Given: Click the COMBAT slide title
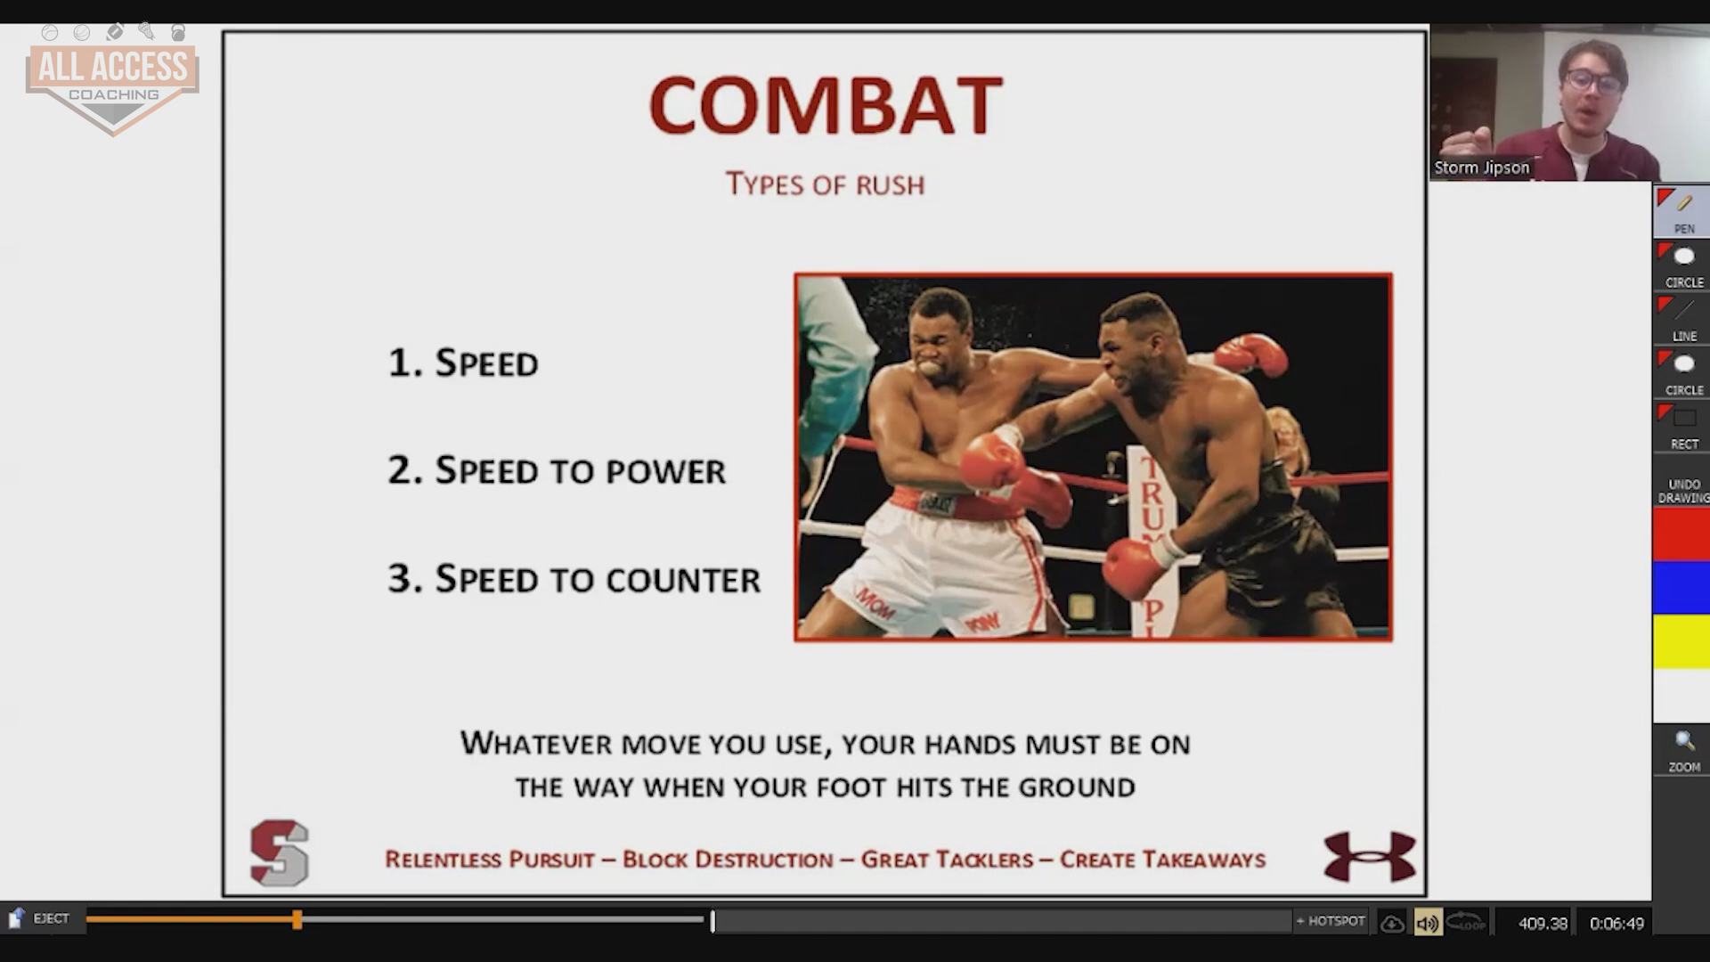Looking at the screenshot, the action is tap(826, 105).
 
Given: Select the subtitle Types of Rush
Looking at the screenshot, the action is tap(825, 184).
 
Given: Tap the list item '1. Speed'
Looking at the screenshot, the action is tap(463, 363).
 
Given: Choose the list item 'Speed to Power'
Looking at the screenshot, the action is tap(557, 470).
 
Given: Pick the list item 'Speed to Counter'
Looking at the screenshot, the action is tap(574, 579).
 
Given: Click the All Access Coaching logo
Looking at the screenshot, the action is tap(112, 80).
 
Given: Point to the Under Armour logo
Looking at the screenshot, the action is tap(1370, 856).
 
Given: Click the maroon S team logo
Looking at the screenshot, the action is tap(280, 852).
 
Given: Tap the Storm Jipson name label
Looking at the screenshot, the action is tap(1482, 167).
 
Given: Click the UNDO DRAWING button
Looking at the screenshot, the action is tap(1682, 491).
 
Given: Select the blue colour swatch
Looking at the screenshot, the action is tap(1681, 588).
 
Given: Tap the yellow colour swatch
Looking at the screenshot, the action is tap(1681, 641).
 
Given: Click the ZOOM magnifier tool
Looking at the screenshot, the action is tap(1683, 751).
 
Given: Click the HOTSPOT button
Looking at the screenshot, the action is tap(1331, 921).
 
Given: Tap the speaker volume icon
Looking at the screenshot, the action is tap(1427, 923).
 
